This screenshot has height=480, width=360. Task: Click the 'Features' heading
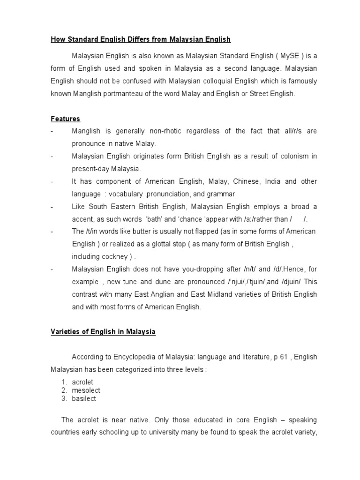tap(65, 119)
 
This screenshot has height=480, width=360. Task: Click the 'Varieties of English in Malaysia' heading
tap(103, 332)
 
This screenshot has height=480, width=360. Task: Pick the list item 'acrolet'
tap(82, 382)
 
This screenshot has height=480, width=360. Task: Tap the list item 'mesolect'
tap(86, 390)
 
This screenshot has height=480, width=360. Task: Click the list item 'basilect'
tap(84, 399)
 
